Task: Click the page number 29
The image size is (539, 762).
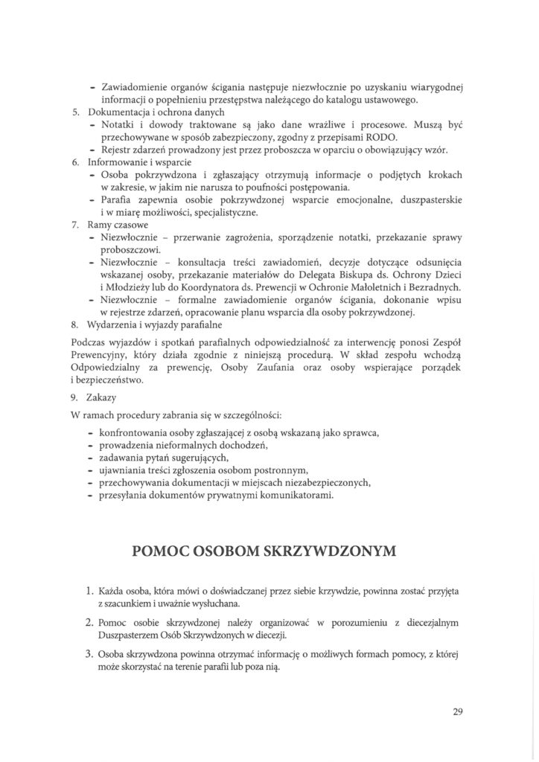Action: click(458, 711)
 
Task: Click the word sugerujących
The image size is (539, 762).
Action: click(197, 457)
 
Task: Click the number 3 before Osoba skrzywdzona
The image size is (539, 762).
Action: click(89, 653)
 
